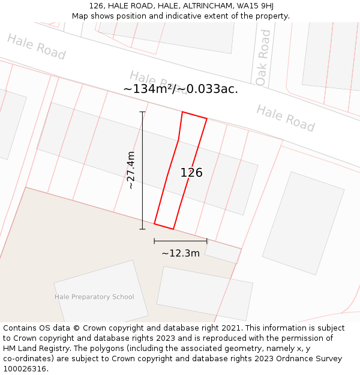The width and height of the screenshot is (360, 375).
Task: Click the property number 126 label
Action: [191, 173]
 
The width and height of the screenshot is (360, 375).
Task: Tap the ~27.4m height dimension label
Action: [131, 170]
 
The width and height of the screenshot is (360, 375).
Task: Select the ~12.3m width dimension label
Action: [181, 253]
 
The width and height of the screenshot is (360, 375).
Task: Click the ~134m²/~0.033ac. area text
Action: [181, 89]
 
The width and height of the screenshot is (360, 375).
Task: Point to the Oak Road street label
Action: [263, 58]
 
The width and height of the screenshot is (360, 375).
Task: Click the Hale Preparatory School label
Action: [94, 297]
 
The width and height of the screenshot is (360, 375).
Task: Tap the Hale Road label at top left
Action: [36, 47]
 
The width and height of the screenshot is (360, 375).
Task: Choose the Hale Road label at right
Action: [286, 118]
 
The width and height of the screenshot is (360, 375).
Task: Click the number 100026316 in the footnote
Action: [25, 369]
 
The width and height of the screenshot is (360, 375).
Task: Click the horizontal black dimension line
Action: [180, 241]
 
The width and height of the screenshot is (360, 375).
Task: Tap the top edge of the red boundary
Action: [194, 115]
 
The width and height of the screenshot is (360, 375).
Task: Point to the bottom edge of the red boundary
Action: [164, 226]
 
